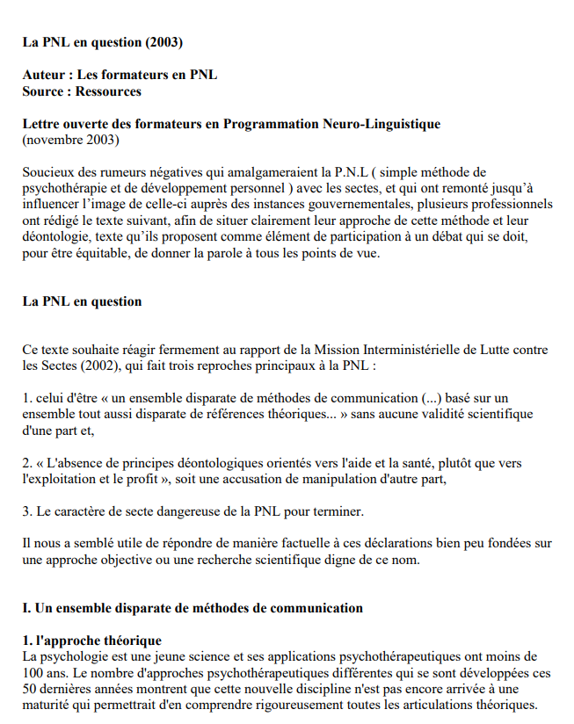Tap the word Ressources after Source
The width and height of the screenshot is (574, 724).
tap(108, 90)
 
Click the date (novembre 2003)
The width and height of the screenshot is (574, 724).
tap(70, 140)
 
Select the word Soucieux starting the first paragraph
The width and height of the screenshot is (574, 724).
tap(48, 172)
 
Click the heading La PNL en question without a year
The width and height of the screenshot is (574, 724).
tap(82, 301)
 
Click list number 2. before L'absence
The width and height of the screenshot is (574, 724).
tap(27, 462)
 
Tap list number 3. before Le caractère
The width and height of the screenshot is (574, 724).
tap(27, 510)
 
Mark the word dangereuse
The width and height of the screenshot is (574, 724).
tap(181, 510)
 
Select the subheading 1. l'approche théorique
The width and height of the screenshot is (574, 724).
tap(91, 641)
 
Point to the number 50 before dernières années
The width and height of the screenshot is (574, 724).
tap(30, 689)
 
